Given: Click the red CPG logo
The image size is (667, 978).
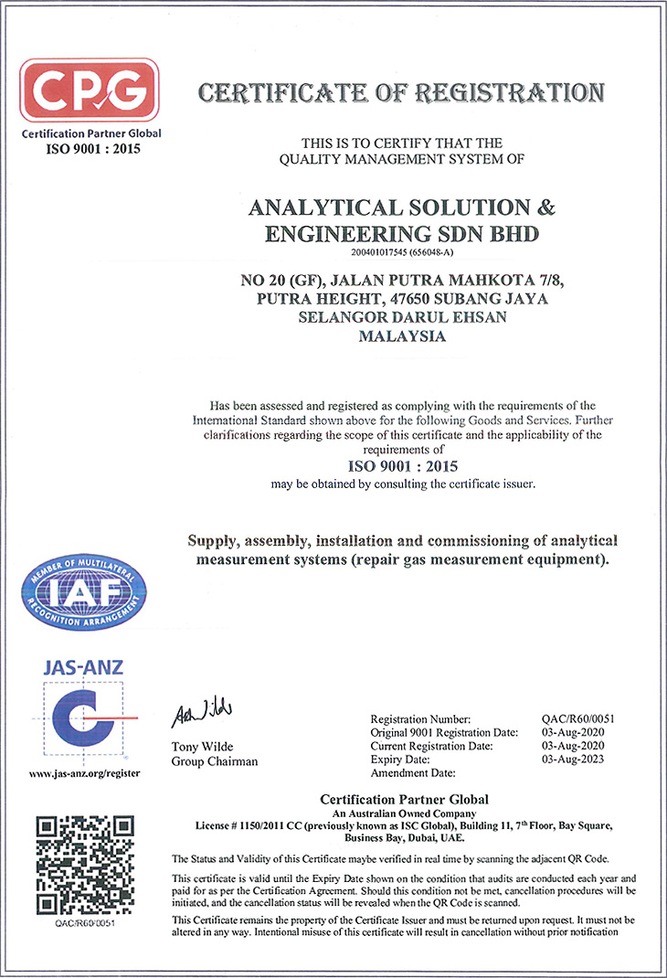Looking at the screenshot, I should [x=90, y=90].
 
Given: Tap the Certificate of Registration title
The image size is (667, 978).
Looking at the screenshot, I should [x=401, y=93].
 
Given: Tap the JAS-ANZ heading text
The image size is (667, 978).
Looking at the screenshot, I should [x=84, y=666].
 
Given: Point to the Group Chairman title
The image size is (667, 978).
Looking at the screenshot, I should [x=214, y=761].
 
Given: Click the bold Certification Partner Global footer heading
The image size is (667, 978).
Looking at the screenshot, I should [x=403, y=800].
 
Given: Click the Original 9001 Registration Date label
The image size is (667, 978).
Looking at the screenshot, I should [x=445, y=733].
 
